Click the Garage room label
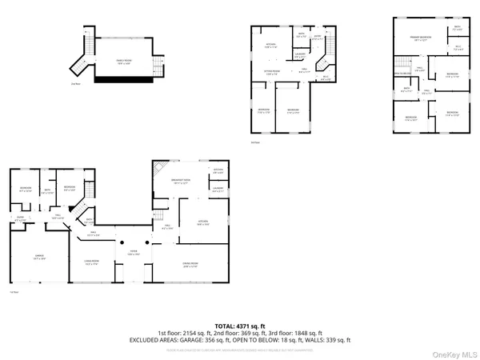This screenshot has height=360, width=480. [x=38, y=257]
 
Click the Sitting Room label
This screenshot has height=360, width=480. [x=273, y=73]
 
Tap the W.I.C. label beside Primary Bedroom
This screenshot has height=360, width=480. [x=458, y=47]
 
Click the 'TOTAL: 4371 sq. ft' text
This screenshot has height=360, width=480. [x=240, y=326]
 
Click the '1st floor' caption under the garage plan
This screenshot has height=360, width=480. [x=13, y=293]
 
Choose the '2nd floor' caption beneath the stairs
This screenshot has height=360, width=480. [x=75, y=82]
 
